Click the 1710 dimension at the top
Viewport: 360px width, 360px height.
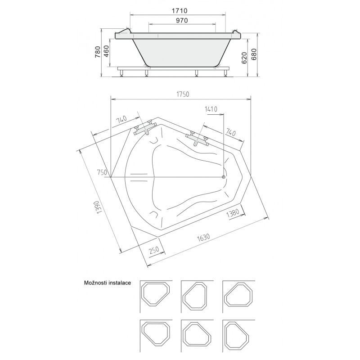(180, 10)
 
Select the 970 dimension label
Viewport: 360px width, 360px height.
(182, 20)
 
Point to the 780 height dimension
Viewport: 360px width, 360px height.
(98, 52)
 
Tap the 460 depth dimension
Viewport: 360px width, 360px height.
(107, 52)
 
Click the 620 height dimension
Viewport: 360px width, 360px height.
(244, 58)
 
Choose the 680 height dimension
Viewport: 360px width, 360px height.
(254, 54)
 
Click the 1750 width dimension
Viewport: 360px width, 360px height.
(183, 94)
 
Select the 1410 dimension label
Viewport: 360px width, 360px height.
(211, 109)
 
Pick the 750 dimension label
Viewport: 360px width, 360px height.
(102, 172)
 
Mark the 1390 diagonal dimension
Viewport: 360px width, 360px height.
(99, 207)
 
